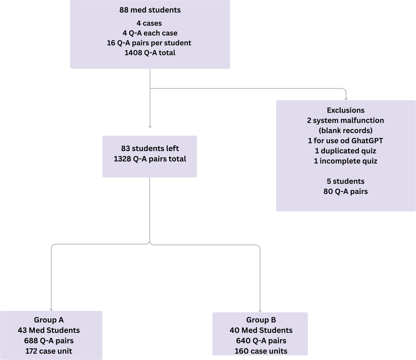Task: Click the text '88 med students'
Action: (150, 10)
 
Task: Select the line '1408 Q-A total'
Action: (150, 53)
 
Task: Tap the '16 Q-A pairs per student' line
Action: (149, 43)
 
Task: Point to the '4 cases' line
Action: (149, 23)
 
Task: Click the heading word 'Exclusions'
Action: (345, 110)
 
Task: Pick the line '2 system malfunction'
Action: (345, 121)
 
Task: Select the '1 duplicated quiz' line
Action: (345, 151)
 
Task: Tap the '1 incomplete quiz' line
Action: (345, 161)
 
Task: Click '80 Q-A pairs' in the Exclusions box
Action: (345, 192)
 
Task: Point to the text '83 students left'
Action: (150, 148)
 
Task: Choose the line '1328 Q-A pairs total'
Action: (150, 159)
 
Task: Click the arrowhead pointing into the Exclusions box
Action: (346, 99)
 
